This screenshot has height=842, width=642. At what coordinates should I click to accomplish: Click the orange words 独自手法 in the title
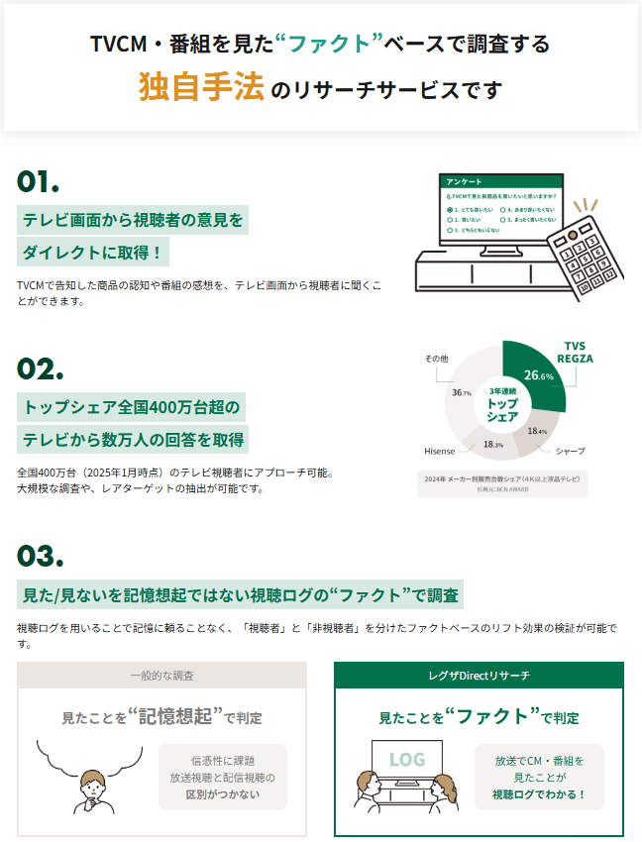pyautogui.click(x=201, y=88)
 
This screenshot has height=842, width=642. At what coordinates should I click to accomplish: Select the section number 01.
pyautogui.click(x=39, y=181)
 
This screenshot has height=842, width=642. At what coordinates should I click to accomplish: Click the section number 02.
pyautogui.click(x=40, y=368)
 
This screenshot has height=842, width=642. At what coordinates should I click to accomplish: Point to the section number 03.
pyautogui.click(x=41, y=554)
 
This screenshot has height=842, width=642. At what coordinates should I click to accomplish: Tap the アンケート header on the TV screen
pyautogui.click(x=465, y=182)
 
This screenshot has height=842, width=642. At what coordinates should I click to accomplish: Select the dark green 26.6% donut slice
pyautogui.click(x=536, y=375)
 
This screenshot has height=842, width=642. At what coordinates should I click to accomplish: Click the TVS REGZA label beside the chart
pyautogui.click(x=575, y=352)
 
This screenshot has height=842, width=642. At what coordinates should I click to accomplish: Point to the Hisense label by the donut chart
pyautogui.click(x=440, y=451)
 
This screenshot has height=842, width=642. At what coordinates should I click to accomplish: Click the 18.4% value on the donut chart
pyautogui.click(x=537, y=431)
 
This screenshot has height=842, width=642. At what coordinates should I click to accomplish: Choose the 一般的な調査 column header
pyautogui.click(x=161, y=675)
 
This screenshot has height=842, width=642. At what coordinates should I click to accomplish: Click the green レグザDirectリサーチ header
pyautogui.click(x=479, y=675)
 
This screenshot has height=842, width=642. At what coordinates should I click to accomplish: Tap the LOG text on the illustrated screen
pyautogui.click(x=406, y=760)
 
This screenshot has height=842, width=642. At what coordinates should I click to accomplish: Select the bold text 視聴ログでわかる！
pyautogui.click(x=539, y=794)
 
